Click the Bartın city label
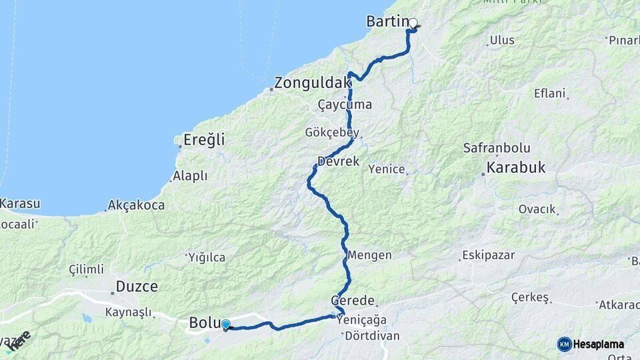(386, 21)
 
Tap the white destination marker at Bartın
(413, 23)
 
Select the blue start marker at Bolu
(226, 325)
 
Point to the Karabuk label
(516, 168)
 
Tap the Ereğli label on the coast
(203, 140)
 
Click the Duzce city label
(137, 287)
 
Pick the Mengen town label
(370, 255)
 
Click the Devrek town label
(339, 161)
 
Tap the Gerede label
(353, 301)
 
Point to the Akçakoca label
(136, 205)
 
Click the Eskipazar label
(487, 255)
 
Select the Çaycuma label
(345, 105)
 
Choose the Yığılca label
(207, 257)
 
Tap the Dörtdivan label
(372, 335)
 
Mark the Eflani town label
(549, 93)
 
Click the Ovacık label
(537, 209)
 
